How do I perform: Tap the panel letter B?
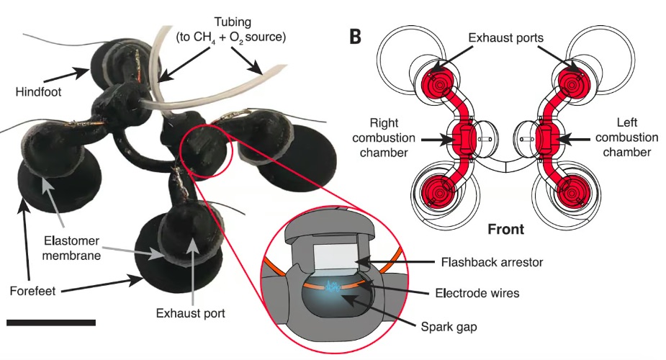355,37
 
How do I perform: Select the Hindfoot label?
37,91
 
